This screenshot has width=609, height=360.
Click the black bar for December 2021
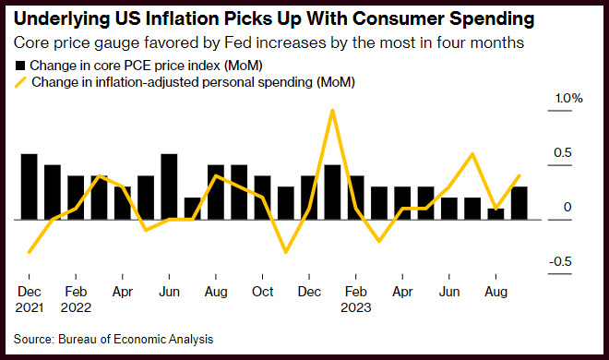pyautogui.click(x=30, y=186)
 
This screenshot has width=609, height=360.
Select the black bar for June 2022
pyautogui.click(x=170, y=186)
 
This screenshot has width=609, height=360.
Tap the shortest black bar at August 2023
pyautogui.click(x=496, y=214)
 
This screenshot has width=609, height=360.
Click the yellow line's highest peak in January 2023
pyautogui.click(x=332, y=111)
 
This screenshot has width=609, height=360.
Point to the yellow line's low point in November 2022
pyautogui.click(x=286, y=252)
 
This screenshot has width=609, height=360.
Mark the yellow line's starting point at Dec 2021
pyautogui.click(x=30, y=252)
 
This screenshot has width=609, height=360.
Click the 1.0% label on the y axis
pyautogui.click(x=569, y=98)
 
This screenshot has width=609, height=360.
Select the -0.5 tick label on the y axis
pyautogui.click(x=560, y=262)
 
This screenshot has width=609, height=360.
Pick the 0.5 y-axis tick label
pyautogui.click(x=563, y=152)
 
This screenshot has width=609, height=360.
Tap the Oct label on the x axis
pyautogui.click(x=263, y=292)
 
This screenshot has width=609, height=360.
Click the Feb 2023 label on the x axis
pyautogui.click(x=356, y=299)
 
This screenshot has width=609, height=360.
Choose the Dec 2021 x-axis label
pyautogui.click(x=30, y=299)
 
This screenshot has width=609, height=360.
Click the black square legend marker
pyautogui.click(x=19, y=66)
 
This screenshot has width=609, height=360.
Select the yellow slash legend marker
pyautogui.click(x=20, y=82)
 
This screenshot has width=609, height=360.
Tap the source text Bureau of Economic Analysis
pyautogui.click(x=136, y=339)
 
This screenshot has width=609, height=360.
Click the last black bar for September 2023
pyautogui.click(x=519, y=203)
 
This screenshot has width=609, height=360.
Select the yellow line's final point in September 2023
pyautogui.click(x=519, y=176)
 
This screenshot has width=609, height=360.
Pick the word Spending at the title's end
pyautogui.click(x=492, y=19)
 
